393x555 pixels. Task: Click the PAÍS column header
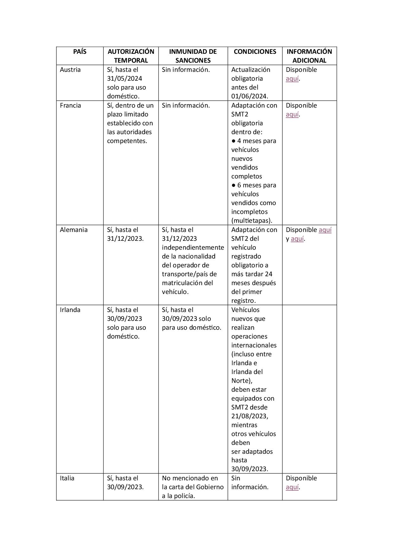click(x=80, y=52)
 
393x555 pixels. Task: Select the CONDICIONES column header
click(x=255, y=52)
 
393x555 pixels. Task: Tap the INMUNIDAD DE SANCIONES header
click(x=193, y=56)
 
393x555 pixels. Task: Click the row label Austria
click(x=70, y=70)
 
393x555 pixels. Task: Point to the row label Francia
click(x=70, y=105)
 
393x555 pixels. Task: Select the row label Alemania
click(x=74, y=230)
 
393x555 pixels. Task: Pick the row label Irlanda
click(x=70, y=310)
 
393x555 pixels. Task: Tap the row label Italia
click(x=67, y=478)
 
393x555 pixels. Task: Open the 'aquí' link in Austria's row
click(x=292, y=79)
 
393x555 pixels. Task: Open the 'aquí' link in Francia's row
click(x=292, y=115)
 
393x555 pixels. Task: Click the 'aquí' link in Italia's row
click(x=292, y=487)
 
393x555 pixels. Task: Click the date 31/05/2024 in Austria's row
click(x=124, y=78)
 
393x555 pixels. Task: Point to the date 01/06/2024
click(x=249, y=96)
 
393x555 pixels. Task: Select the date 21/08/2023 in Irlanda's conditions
click(x=249, y=416)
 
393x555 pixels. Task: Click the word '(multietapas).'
click(x=252, y=221)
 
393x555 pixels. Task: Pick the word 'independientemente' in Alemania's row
click(x=193, y=247)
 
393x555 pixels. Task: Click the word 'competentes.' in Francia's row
click(x=127, y=141)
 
